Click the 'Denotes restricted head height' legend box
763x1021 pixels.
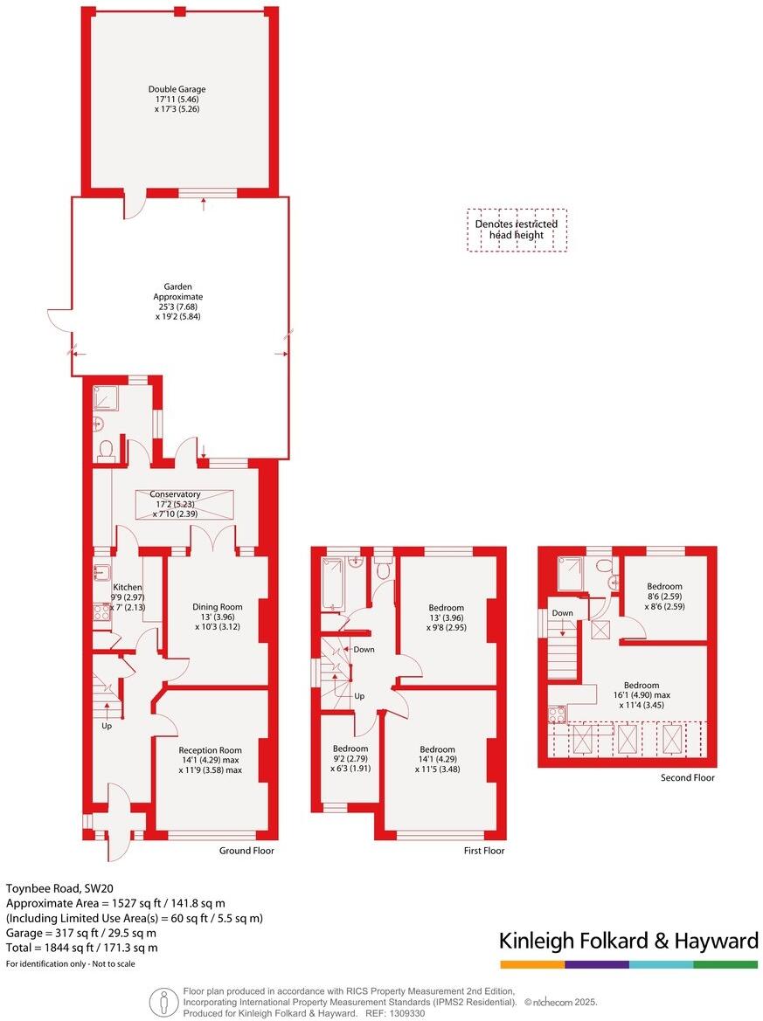(x=517, y=230)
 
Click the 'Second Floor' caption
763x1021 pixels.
(x=688, y=777)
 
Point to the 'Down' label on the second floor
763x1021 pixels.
(x=563, y=613)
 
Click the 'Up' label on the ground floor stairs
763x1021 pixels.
(x=108, y=726)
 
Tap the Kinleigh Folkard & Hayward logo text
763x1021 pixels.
(x=628, y=941)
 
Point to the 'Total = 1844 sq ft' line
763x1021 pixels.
(x=82, y=947)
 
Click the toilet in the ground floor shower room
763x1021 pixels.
(x=107, y=449)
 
